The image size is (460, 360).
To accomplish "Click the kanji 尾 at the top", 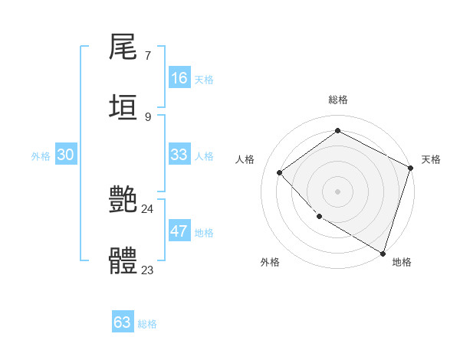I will (x=123, y=47).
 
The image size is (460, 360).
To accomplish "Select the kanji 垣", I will (x=123, y=106).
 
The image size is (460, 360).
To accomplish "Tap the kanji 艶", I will (x=123, y=199).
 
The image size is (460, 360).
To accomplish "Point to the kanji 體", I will (x=123, y=260).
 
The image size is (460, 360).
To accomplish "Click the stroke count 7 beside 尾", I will (x=147, y=56).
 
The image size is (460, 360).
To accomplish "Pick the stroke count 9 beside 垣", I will (x=147, y=116).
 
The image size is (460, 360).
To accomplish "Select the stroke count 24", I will (x=147, y=208).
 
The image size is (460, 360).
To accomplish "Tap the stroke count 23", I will (x=147, y=270).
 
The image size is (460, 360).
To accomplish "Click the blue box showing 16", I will (x=179, y=78).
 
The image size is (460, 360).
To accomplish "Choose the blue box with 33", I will (x=179, y=155).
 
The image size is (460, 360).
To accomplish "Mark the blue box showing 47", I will (x=179, y=231).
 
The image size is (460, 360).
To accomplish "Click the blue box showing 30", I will (x=66, y=155).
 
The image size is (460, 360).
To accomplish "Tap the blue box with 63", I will (x=123, y=322).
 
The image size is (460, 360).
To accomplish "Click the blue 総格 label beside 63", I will (x=147, y=324).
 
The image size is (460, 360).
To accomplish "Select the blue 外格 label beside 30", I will (x=41, y=156).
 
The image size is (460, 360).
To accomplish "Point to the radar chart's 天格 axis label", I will (x=431, y=159).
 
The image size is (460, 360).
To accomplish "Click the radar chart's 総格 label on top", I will (x=337, y=100).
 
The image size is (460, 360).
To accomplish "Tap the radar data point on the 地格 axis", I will (x=383, y=252).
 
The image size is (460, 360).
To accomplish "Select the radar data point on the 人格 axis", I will (x=280, y=172).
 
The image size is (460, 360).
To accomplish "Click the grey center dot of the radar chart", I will (x=337, y=191).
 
